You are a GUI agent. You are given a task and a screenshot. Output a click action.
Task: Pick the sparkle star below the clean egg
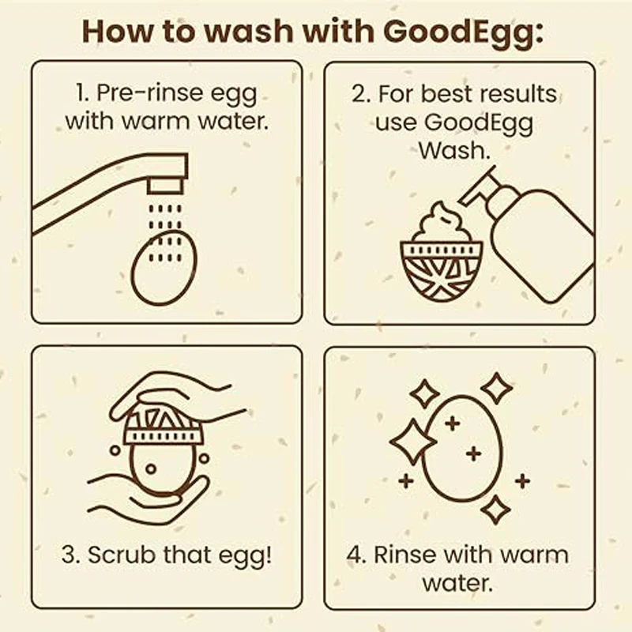(x=495, y=510)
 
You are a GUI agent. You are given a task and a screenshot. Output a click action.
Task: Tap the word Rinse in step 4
(x=402, y=554)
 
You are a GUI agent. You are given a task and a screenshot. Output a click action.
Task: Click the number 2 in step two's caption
(x=359, y=94)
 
